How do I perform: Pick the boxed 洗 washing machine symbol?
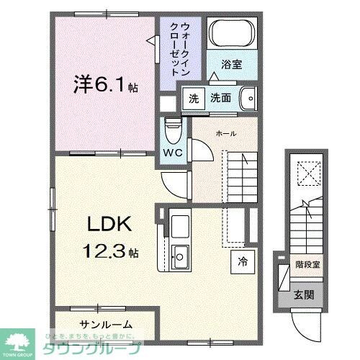point(193,98)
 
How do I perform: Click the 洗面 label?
point(220,98)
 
